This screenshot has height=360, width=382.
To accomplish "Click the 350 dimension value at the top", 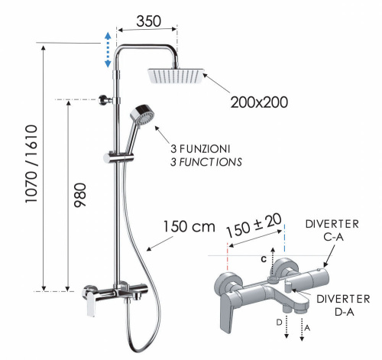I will point(149,21).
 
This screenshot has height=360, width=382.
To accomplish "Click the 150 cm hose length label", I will point(188,227).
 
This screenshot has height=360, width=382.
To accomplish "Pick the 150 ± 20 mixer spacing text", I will point(254,227).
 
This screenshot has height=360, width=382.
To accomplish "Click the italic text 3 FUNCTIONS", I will point(205,161).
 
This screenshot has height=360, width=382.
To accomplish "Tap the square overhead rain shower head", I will point(175,75).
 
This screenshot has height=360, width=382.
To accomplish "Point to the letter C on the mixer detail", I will point(262,260).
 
